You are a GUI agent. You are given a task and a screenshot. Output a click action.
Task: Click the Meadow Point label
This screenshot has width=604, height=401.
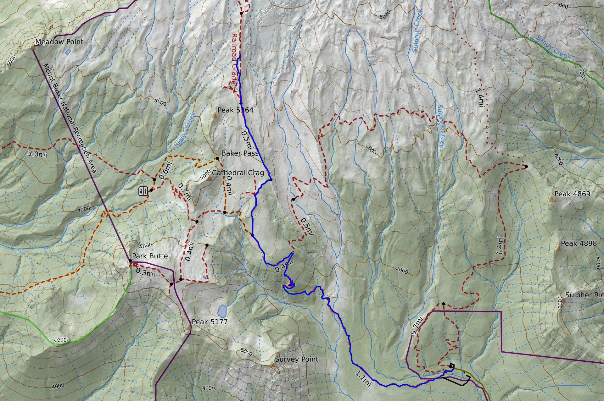[x=59, y=41]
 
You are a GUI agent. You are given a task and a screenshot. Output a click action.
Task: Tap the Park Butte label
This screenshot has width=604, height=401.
[x=150, y=256]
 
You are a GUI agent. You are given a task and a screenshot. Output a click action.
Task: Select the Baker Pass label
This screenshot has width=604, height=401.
[x=240, y=153]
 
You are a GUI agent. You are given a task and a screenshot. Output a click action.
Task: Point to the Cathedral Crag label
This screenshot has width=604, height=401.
[x=238, y=173]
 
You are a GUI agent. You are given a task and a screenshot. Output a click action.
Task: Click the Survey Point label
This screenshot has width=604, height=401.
[x=296, y=359]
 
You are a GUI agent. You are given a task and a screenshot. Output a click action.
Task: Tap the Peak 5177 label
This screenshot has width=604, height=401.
[x=210, y=321]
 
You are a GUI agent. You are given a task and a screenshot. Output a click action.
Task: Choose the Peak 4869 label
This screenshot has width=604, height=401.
[x=572, y=194]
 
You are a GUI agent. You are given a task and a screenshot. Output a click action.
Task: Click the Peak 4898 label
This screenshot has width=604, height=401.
[x=579, y=243]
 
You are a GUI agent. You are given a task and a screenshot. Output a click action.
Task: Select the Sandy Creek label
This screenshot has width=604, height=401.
[x=553, y=47]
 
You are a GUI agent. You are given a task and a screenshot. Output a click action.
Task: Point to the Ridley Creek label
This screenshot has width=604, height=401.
[x=185, y=129]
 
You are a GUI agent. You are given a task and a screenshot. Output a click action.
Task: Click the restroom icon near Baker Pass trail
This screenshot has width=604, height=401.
[x=143, y=191]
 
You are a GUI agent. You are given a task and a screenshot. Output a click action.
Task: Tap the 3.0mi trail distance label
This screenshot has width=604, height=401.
[x=37, y=154]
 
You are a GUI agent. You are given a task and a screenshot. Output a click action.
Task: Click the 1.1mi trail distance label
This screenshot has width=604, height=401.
[x=363, y=378]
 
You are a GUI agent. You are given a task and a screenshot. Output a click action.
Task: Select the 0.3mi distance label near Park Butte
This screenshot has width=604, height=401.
[x=145, y=272]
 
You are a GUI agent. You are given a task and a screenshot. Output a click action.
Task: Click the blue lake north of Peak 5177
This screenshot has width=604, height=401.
[x=222, y=311]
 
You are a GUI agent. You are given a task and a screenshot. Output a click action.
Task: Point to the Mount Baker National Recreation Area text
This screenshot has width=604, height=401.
[x=70, y=118]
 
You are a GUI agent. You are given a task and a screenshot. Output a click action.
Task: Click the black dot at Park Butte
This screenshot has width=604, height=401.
[x=130, y=261]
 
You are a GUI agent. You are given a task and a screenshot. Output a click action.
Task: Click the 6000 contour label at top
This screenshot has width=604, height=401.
[x=385, y=14]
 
